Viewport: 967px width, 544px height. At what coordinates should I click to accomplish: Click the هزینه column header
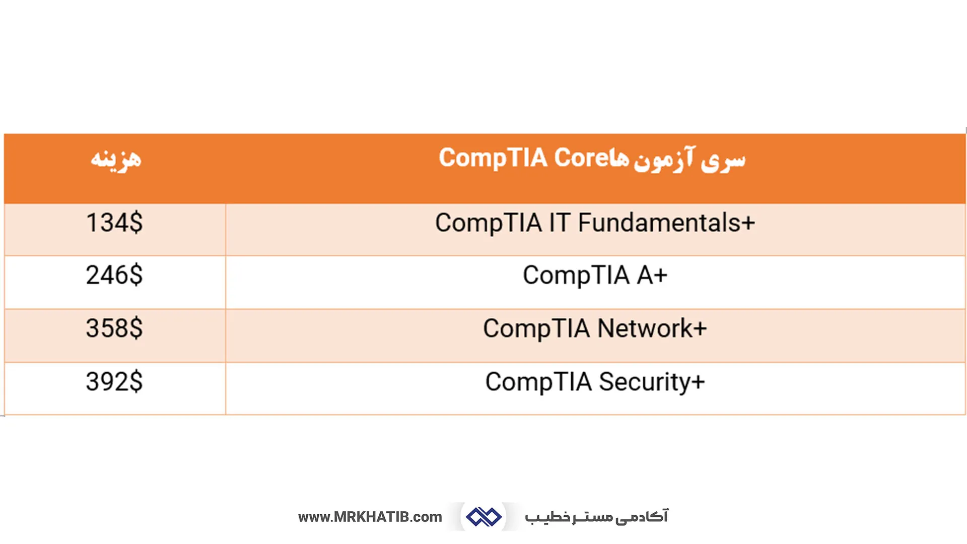[x=116, y=159]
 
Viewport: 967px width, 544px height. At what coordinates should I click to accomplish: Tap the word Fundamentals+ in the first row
[x=666, y=223]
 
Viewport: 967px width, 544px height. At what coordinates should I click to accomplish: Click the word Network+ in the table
[x=652, y=328]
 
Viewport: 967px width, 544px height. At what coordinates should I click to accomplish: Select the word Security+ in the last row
[x=652, y=382]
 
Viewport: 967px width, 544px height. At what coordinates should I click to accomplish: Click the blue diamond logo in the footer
[x=483, y=517]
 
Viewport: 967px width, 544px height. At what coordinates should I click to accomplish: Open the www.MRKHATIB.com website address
[x=370, y=517]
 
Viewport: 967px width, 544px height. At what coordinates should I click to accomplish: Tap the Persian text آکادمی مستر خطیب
[x=596, y=517]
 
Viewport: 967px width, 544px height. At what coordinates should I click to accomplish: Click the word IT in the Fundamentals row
[x=559, y=223]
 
